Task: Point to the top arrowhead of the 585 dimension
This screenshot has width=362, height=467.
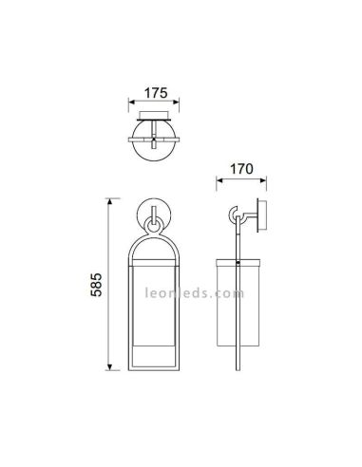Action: [x=109, y=201]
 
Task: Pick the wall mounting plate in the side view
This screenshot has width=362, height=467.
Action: [x=267, y=217]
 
